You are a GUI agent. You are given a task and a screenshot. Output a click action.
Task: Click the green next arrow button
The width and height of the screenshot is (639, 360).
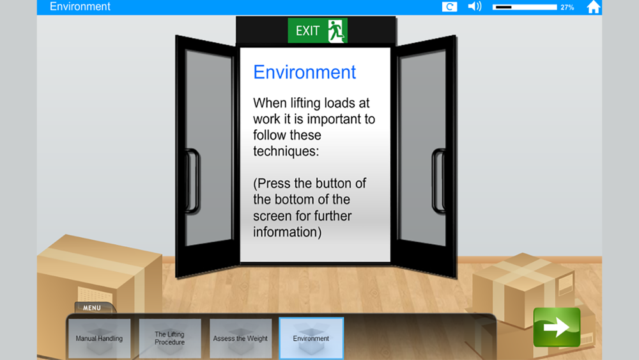tap(557, 327)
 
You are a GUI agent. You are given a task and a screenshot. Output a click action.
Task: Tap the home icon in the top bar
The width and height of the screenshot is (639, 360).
tap(594, 7)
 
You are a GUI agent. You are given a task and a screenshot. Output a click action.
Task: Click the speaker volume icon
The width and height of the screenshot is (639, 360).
tap(475, 6)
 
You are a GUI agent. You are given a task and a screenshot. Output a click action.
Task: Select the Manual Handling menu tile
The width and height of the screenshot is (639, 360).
tap(99, 338)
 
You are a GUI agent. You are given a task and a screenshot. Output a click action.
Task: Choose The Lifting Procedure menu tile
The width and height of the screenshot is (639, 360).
tap(169, 338)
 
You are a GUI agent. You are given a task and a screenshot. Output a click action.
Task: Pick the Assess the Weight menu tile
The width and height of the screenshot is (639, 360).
tap(240, 338)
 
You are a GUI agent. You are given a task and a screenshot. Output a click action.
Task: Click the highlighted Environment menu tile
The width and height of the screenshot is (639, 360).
tap(311, 338)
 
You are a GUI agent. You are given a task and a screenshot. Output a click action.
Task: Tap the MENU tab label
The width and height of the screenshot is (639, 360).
tap(92, 308)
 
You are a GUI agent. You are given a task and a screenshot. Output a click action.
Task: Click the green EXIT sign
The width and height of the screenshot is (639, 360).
tap(318, 31)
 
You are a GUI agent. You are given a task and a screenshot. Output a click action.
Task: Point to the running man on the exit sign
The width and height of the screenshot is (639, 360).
tap(337, 31)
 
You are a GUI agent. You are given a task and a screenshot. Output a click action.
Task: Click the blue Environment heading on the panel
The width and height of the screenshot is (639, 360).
tap(304, 72)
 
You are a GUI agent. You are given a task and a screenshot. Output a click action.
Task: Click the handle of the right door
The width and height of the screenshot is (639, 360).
tap(438, 181)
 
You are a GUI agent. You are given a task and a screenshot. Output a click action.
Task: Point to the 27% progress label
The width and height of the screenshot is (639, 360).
tap(567, 7)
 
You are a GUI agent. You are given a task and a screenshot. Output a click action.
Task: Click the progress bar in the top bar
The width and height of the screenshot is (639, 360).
tap(525, 7)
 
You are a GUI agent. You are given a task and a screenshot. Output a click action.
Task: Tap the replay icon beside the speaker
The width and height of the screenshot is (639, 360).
tap(449, 6)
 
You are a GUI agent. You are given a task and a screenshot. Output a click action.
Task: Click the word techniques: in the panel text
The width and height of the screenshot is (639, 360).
tap(286, 152)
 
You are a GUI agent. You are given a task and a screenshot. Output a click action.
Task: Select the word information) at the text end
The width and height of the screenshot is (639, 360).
tap(288, 232)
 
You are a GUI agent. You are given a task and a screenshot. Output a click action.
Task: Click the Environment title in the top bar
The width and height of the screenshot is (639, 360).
tap(80, 6)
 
